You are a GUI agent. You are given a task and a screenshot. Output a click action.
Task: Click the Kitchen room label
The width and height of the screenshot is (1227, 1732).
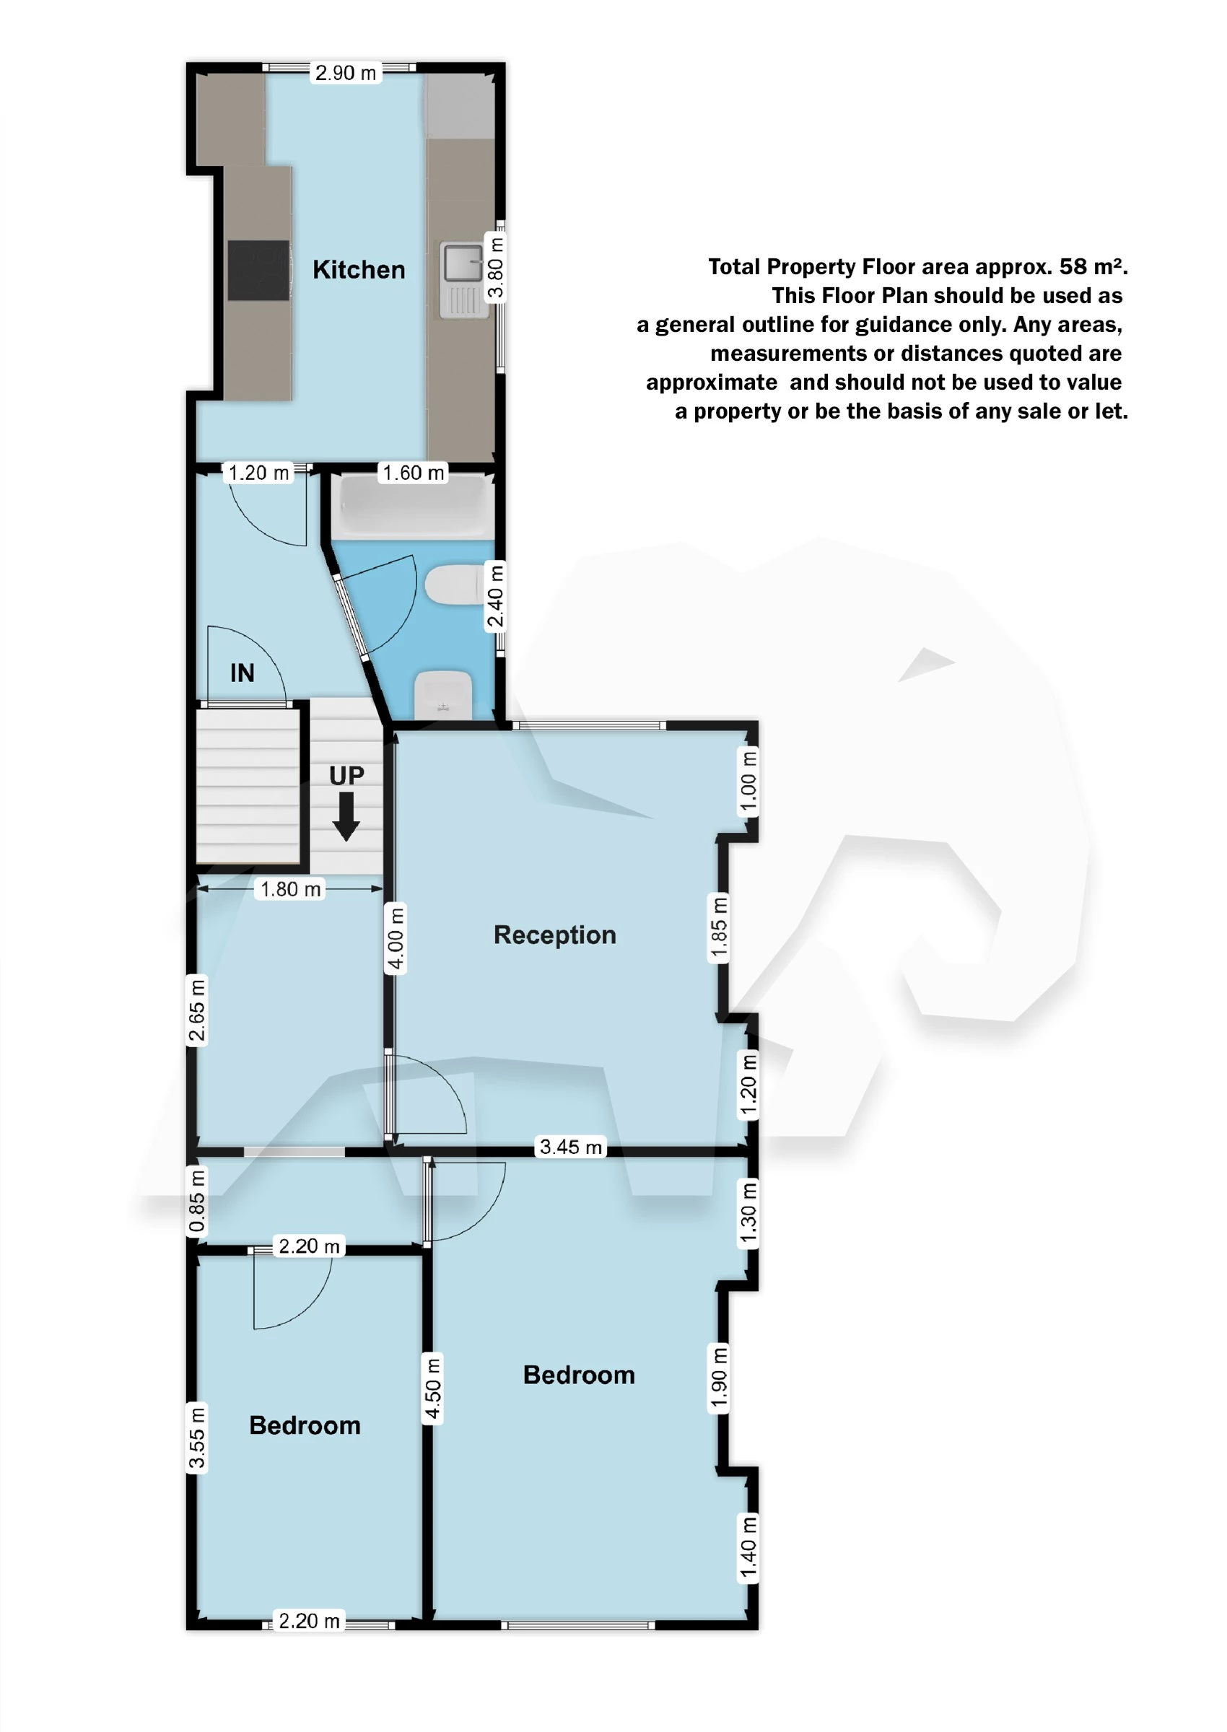(359, 270)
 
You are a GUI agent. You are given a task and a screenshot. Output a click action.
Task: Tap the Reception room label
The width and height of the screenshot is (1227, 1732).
(554, 935)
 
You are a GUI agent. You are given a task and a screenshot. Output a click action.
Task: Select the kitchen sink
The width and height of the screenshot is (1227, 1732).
(463, 279)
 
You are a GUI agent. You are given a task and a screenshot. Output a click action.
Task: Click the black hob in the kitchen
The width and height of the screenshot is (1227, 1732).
(258, 271)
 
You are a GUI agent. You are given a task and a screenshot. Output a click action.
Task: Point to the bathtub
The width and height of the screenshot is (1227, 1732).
(413, 504)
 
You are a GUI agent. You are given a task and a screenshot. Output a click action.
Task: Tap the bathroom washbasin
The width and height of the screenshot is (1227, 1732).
(443, 694)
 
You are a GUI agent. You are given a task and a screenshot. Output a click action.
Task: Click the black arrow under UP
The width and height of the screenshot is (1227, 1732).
(346, 815)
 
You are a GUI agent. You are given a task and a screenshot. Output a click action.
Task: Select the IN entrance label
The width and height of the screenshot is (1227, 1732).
(243, 673)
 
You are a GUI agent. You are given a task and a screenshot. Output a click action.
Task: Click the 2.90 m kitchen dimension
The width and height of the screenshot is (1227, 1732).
(345, 74)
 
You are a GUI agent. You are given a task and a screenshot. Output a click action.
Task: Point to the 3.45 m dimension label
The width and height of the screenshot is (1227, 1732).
(570, 1147)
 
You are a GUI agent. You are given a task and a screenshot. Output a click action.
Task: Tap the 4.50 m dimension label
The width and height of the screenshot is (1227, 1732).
(432, 1390)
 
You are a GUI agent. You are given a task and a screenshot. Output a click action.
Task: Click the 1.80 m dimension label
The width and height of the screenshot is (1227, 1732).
(291, 889)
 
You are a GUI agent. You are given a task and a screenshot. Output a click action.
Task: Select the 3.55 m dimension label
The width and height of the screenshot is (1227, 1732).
(196, 1438)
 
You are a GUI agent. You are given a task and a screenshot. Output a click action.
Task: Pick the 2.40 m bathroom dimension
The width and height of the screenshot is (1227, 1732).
(495, 597)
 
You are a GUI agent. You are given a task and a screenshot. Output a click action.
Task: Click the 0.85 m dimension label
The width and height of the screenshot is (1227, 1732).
(196, 1201)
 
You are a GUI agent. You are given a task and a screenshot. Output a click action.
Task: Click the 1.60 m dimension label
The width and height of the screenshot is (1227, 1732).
(414, 473)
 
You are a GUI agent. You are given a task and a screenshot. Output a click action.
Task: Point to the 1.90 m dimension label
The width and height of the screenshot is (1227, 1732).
(720, 1378)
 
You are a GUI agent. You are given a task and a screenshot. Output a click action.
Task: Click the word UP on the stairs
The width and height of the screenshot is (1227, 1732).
(346, 776)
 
